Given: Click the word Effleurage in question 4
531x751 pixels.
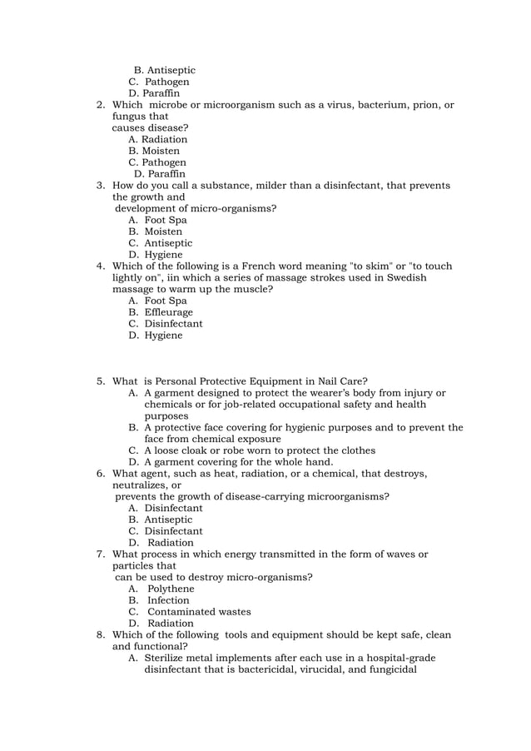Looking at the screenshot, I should tap(168, 312).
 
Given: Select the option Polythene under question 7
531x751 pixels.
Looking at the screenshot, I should tap(171, 589).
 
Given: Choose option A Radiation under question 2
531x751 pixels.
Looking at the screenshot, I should tap(164, 140).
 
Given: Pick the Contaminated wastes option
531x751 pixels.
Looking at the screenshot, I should tap(199, 612).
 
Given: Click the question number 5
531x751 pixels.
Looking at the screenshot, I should tap(100, 381).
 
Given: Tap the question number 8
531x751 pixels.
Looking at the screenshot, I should tap(100, 635).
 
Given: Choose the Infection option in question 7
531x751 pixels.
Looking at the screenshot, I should tap(168, 600).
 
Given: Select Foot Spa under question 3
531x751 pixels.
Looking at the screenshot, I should tap(165, 221).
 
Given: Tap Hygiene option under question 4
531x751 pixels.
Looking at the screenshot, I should tap(163, 336).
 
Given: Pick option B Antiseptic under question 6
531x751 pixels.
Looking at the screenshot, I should tap(168, 520).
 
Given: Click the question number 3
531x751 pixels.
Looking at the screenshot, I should tap(100, 186).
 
